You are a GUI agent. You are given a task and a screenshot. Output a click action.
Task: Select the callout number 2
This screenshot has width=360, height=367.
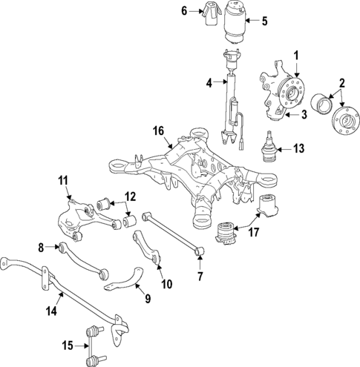point(343,82)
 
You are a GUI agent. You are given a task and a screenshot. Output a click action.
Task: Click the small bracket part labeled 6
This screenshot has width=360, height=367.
point(209,12)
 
